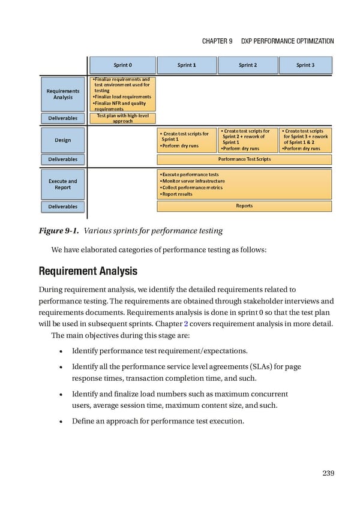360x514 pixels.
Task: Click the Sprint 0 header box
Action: (123, 65)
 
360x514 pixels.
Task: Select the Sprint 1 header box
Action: (187, 65)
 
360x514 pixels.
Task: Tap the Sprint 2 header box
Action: (247, 65)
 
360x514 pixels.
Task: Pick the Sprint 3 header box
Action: (305, 65)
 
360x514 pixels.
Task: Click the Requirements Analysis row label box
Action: (63, 94)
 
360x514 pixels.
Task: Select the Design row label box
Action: (63, 140)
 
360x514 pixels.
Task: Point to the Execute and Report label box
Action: (63, 184)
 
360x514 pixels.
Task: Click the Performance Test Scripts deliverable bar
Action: (244, 160)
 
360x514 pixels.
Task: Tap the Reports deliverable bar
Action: (244, 206)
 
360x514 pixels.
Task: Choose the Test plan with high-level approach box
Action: (123, 118)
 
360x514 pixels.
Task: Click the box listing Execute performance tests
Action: (244, 184)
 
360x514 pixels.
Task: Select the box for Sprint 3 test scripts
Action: (305, 140)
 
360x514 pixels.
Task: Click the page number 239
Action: (328, 473)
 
